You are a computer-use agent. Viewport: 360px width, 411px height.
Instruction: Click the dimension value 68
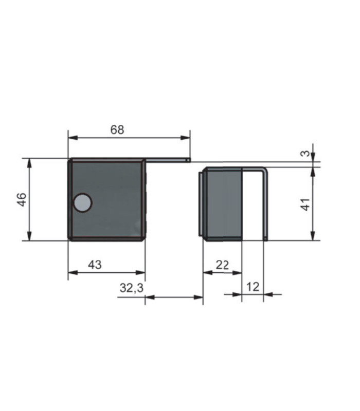117,130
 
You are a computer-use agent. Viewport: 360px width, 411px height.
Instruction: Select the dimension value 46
22,200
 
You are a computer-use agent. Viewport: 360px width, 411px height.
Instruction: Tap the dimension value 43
95,265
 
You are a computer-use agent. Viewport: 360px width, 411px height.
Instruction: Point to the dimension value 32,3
132,288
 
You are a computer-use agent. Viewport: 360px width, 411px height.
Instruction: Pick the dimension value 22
222,265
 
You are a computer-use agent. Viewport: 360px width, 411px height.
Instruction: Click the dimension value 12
253,287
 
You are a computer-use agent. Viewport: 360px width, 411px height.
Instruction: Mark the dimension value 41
305,204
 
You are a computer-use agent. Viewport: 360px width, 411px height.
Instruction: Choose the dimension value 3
305,153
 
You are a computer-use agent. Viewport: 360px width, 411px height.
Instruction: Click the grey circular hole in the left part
82,202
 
